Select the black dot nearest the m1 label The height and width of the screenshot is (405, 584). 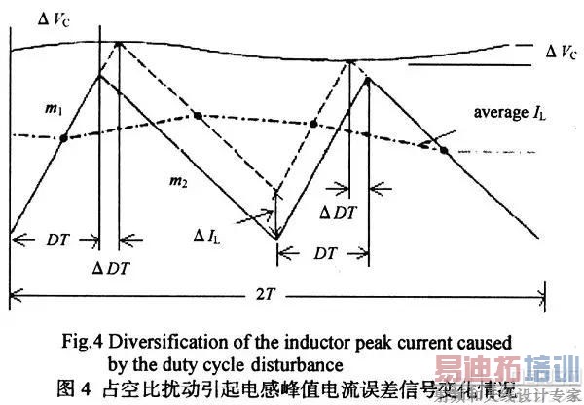[x=63, y=138]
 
